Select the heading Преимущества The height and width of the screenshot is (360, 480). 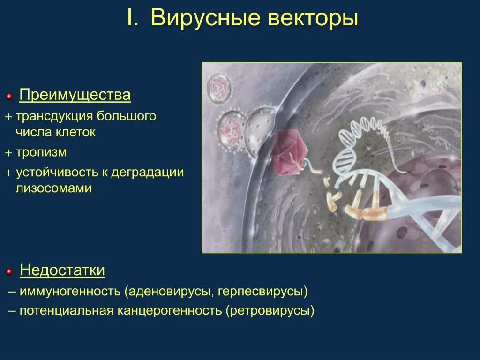[75, 96]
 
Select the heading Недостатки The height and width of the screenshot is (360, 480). [62, 270]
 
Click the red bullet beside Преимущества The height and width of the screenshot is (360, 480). [9, 97]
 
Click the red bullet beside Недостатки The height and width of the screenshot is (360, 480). [9, 271]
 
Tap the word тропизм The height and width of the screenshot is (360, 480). [41, 152]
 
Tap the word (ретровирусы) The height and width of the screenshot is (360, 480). [270, 311]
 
